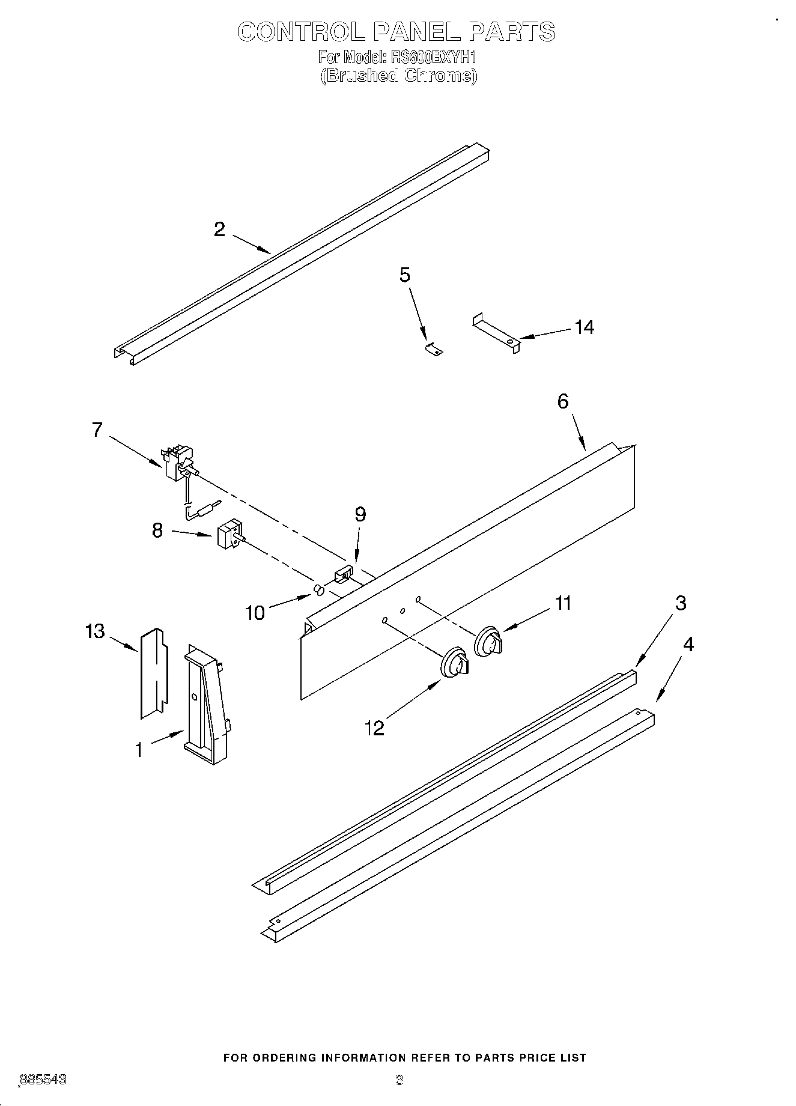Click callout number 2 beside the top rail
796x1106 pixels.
coord(219,229)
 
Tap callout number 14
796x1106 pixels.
coord(584,327)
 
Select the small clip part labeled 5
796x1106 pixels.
coord(433,348)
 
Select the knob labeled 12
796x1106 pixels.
coord(455,664)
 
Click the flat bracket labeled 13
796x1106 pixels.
coord(152,673)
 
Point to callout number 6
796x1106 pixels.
coord(563,401)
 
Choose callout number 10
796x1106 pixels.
coord(255,613)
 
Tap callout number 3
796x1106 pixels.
coord(680,603)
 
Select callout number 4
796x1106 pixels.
coord(688,645)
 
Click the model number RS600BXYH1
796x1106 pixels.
coord(433,58)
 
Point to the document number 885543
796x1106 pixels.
coord(43,1080)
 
